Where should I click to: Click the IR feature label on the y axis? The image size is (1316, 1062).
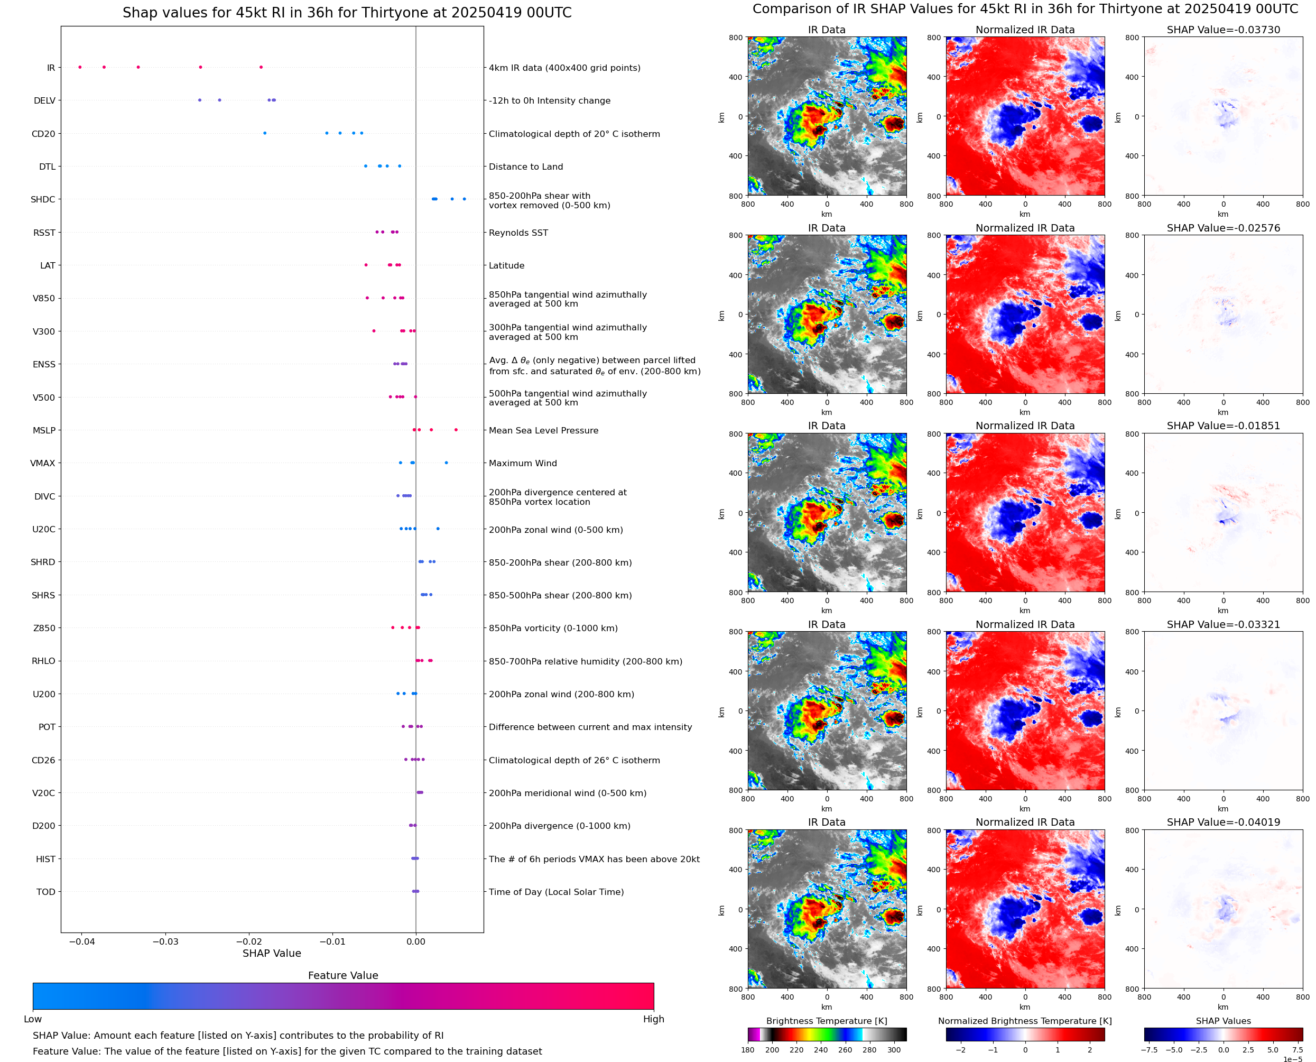click(x=51, y=68)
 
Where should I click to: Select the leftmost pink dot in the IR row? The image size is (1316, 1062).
click(x=80, y=67)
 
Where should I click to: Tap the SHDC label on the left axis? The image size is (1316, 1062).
click(x=43, y=199)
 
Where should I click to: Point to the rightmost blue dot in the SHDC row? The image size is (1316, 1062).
click(x=464, y=199)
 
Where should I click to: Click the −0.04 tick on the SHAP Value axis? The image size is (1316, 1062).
click(x=82, y=941)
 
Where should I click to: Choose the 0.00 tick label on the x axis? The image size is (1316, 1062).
click(x=416, y=941)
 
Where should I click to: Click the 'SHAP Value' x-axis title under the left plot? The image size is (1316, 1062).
click(x=272, y=953)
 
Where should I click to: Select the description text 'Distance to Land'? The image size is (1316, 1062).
click(x=525, y=167)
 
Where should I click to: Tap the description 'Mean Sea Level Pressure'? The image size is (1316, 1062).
click(x=543, y=431)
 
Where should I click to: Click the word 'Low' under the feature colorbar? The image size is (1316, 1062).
click(x=32, y=1019)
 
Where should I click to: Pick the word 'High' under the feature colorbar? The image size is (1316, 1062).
click(x=653, y=1019)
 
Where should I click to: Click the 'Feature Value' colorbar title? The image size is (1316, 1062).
click(x=343, y=975)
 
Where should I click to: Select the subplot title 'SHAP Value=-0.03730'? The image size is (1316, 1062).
click(x=1223, y=30)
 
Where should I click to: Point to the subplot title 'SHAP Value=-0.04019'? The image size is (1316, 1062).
click(x=1223, y=822)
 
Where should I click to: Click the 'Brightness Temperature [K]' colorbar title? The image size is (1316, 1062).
click(x=826, y=1021)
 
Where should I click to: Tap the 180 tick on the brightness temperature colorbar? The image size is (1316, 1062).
click(x=747, y=1050)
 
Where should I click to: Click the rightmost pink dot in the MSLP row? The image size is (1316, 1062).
click(x=456, y=430)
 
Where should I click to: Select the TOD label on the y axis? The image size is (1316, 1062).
click(x=46, y=892)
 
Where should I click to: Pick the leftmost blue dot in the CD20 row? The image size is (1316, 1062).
click(x=265, y=133)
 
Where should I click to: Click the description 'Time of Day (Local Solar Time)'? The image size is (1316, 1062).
click(x=556, y=892)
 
